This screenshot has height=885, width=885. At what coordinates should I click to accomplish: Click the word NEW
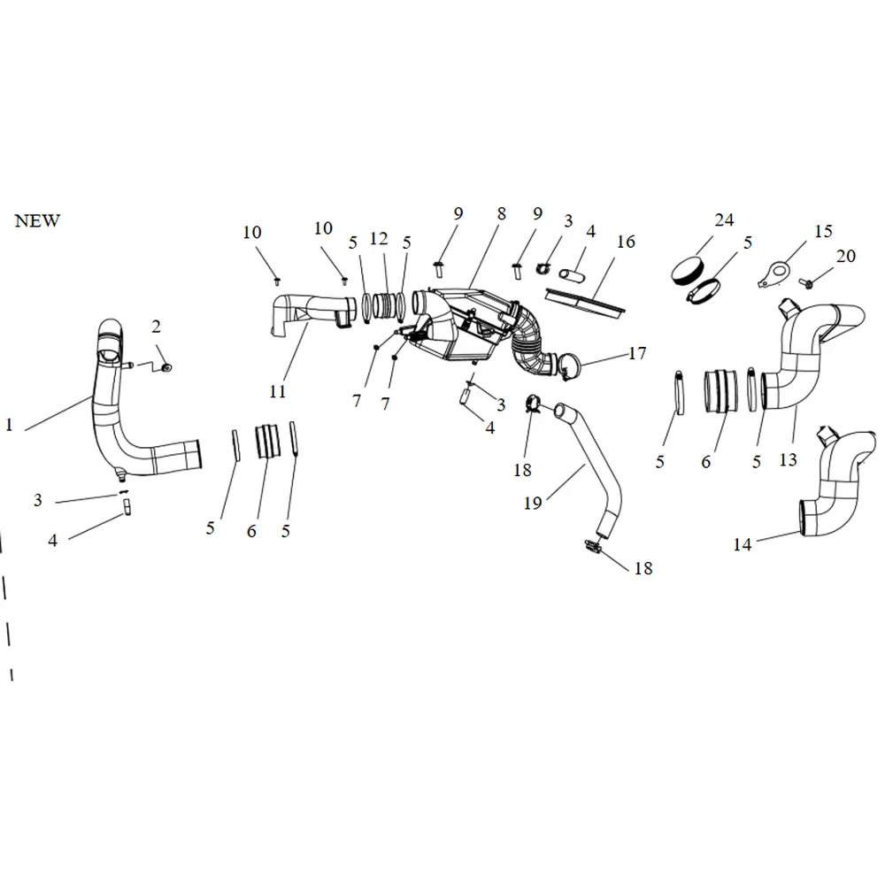point(37,221)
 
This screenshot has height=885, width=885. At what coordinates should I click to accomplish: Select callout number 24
point(724,220)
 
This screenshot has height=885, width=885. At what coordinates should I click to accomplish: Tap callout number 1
point(9,425)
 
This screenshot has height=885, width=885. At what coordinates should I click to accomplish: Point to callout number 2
point(156,327)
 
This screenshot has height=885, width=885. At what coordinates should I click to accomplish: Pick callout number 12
point(379,239)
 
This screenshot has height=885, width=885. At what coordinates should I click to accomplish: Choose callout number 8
point(501,213)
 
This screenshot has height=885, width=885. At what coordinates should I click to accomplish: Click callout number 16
point(626,242)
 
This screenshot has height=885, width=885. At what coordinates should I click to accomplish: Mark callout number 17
point(637,354)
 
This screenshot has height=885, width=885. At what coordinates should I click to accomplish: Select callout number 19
point(532,503)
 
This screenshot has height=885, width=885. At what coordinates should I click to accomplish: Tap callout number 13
point(788,459)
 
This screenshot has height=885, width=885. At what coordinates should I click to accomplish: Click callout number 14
point(743,544)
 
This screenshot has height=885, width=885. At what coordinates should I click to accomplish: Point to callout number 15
point(823,231)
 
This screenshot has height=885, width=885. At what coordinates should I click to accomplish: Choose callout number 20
point(846,256)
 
